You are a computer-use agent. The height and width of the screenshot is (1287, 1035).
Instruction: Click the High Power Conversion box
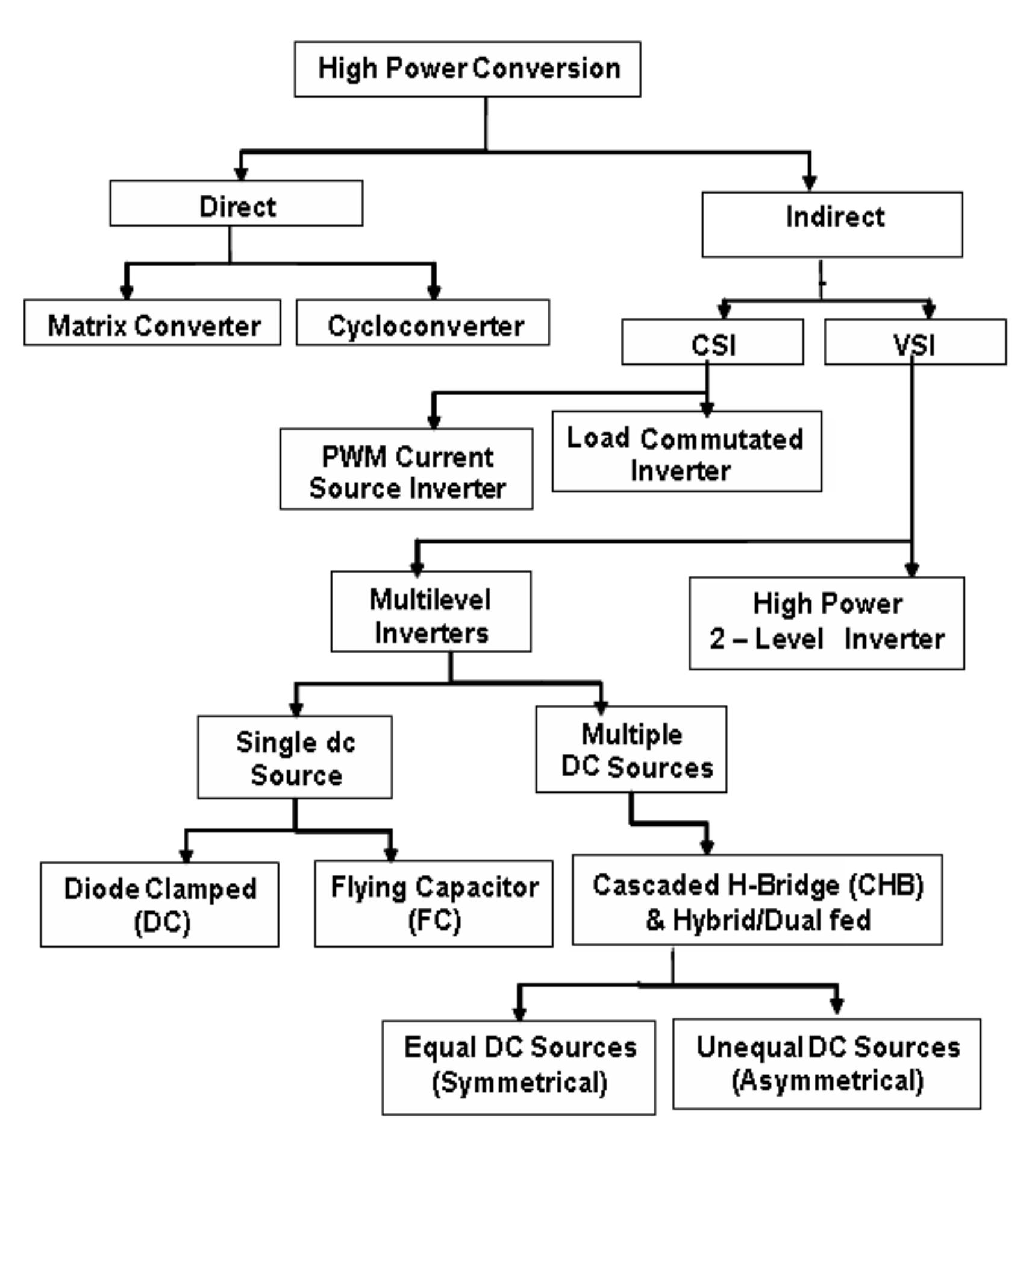coord(467,69)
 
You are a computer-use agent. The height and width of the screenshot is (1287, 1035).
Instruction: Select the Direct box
coord(236,204)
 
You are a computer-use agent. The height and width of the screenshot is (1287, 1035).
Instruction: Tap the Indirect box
coord(831,224)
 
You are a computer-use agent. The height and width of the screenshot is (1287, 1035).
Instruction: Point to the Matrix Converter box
coord(152,323)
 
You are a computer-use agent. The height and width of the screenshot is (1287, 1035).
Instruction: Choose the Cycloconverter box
coord(422,323)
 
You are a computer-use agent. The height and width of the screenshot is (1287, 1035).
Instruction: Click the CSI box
coord(712,342)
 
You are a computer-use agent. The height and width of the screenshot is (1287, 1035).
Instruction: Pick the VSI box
coord(915,342)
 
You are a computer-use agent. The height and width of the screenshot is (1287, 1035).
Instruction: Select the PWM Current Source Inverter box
coord(406,469)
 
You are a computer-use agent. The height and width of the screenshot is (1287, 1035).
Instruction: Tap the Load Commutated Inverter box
coord(686,452)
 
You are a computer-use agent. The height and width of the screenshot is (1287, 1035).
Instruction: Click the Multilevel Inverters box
coord(431,611)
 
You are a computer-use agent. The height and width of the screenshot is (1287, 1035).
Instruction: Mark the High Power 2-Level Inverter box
coord(826,623)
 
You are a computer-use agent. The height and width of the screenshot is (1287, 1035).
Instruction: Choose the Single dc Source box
coord(295,757)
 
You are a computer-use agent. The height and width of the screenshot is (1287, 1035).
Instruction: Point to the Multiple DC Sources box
coord(631,749)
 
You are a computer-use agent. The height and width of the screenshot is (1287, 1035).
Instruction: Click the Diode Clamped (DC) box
coord(159,904)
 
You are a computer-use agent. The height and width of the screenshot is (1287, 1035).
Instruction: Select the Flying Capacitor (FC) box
coord(433,903)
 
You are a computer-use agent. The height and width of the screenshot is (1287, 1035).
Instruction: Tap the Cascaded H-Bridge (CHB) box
coord(757,899)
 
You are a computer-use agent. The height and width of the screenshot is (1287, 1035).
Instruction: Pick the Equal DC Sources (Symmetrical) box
coord(518,1067)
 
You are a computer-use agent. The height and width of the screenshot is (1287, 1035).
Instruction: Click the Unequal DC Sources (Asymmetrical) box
coord(826,1063)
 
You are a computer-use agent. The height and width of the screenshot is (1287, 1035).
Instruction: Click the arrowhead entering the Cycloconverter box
coord(434,292)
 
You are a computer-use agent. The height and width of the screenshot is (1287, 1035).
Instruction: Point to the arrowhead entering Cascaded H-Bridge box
coord(707,846)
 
